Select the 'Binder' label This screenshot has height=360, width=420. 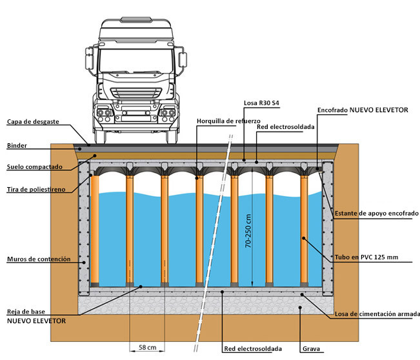tap(17, 146)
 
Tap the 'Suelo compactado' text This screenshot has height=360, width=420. tap(34, 167)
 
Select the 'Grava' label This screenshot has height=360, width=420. tap(311, 349)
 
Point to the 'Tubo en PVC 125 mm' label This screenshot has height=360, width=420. tap(366, 257)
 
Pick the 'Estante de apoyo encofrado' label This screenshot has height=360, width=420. tap(376, 213)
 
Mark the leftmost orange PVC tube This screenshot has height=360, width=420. tap(95, 229)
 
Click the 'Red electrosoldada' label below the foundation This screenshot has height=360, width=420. tap(252, 349)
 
